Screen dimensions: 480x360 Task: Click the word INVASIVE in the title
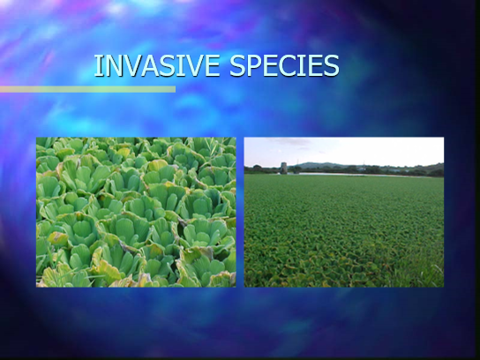(x=157, y=65)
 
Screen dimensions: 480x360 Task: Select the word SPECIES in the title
(x=284, y=65)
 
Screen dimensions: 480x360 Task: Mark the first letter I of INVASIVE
(x=97, y=65)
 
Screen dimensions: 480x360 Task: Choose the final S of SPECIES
(x=331, y=65)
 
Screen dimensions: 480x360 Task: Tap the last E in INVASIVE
(x=213, y=65)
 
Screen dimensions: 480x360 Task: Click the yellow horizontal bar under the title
(x=87, y=89)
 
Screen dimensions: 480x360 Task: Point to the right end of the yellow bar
(x=176, y=89)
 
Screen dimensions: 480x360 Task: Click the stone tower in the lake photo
(x=284, y=168)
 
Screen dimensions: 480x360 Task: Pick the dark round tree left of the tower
(x=257, y=167)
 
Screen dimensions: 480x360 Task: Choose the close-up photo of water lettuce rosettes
(x=136, y=212)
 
